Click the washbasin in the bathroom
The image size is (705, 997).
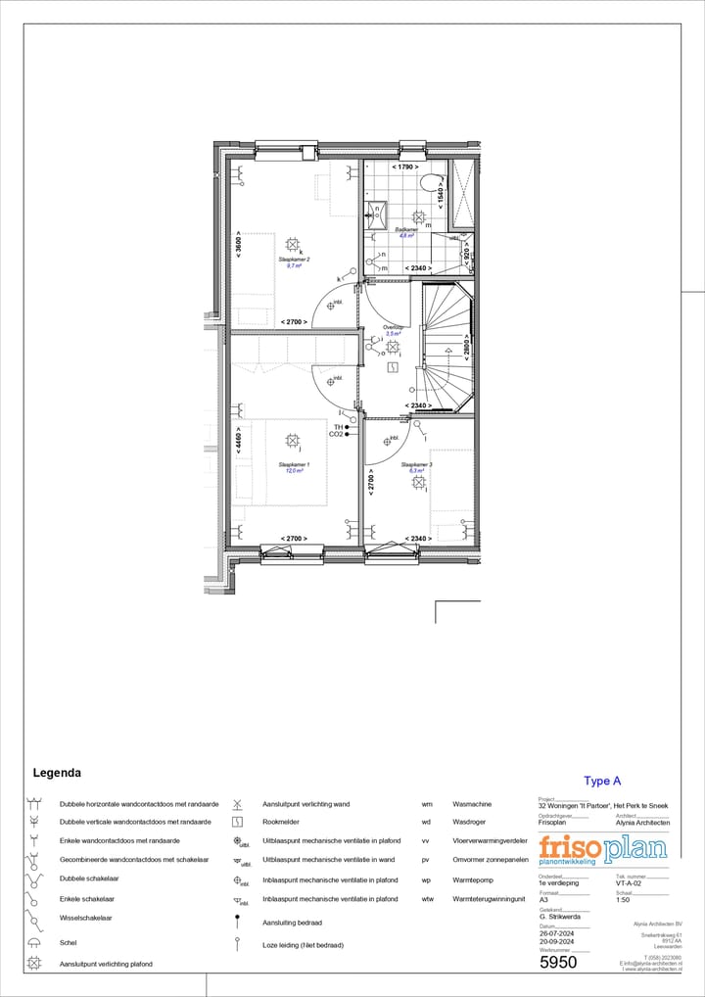(x=377, y=213)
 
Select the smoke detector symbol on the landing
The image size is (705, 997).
(x=393, y=367)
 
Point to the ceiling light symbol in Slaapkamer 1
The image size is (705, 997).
(x=293, y=441)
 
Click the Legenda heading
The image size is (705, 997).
(x=57, y=773)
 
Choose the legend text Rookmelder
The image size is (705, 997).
(x=281, y=822)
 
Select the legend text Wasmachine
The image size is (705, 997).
(x=472, y=803)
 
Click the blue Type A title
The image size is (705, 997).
(x=602, y=781)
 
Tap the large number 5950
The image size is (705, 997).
(x=559, y=962)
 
